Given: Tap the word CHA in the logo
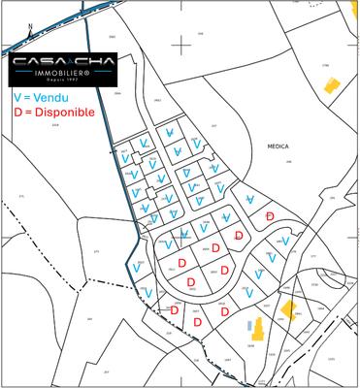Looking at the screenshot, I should (x=93, y=61).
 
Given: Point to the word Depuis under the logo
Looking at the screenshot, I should (x=56, y=81).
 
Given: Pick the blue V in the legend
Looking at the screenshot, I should (x=18, y=98).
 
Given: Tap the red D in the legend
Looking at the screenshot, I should (x=18, y=113).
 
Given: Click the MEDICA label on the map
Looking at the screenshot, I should (x=278, y=145).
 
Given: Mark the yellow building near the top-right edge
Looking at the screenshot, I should (x=330, y=85).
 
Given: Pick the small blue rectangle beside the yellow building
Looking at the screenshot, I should (x=248, y=323).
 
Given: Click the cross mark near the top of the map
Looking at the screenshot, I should (x=183, y=44).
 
